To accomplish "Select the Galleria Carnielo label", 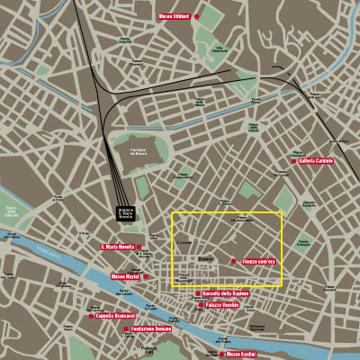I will pos(317,161).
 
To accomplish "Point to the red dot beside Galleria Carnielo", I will pos(293,162).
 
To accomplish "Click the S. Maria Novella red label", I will pos(117,247).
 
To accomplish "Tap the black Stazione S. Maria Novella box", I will pos(126,213).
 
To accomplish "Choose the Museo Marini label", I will pos(125,276).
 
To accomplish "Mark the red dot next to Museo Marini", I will pos(144,276).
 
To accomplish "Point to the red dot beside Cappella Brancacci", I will pos(91,316).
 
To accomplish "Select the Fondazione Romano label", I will pos(151,328).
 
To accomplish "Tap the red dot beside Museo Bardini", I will pos(221,354).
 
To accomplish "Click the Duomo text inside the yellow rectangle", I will pos(206,257).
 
